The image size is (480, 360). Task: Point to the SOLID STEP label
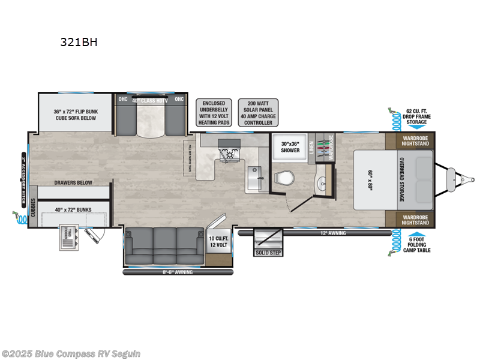[x=267, y=253]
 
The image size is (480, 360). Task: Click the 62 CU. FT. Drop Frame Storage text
[x=416, y=117]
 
